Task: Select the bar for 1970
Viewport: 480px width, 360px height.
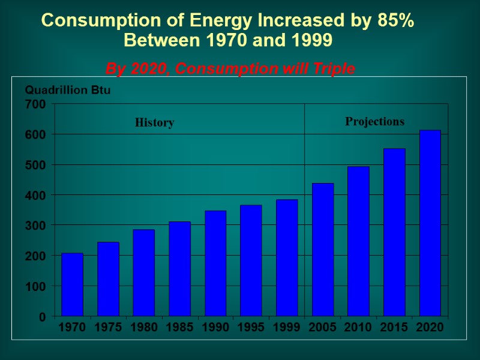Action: coord(72,284)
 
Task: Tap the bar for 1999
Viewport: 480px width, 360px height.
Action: coord(287,258)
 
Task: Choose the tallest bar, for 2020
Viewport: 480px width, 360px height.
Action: coord(430,223)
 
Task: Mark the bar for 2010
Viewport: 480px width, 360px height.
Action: coord(358,241)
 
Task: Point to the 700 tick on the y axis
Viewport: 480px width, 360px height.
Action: coord(35,104)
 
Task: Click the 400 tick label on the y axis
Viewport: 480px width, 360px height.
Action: coord(35,195)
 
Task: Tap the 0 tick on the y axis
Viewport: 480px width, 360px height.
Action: coord(42,316)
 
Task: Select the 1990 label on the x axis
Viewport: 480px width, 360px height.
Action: coord(215,327)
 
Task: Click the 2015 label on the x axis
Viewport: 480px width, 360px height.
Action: coord(394,327)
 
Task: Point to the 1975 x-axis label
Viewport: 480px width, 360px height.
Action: coord(108,327)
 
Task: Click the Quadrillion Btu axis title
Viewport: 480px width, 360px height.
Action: coord(68,90)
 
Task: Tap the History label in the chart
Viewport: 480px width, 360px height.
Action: coord(154,123)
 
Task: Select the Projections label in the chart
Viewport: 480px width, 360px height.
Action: coord(374,122)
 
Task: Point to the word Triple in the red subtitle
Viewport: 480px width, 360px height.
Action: coord(334,70)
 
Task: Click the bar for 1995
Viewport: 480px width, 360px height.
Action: coord(251,260)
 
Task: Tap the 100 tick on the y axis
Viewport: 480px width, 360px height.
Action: coord(35,286)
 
